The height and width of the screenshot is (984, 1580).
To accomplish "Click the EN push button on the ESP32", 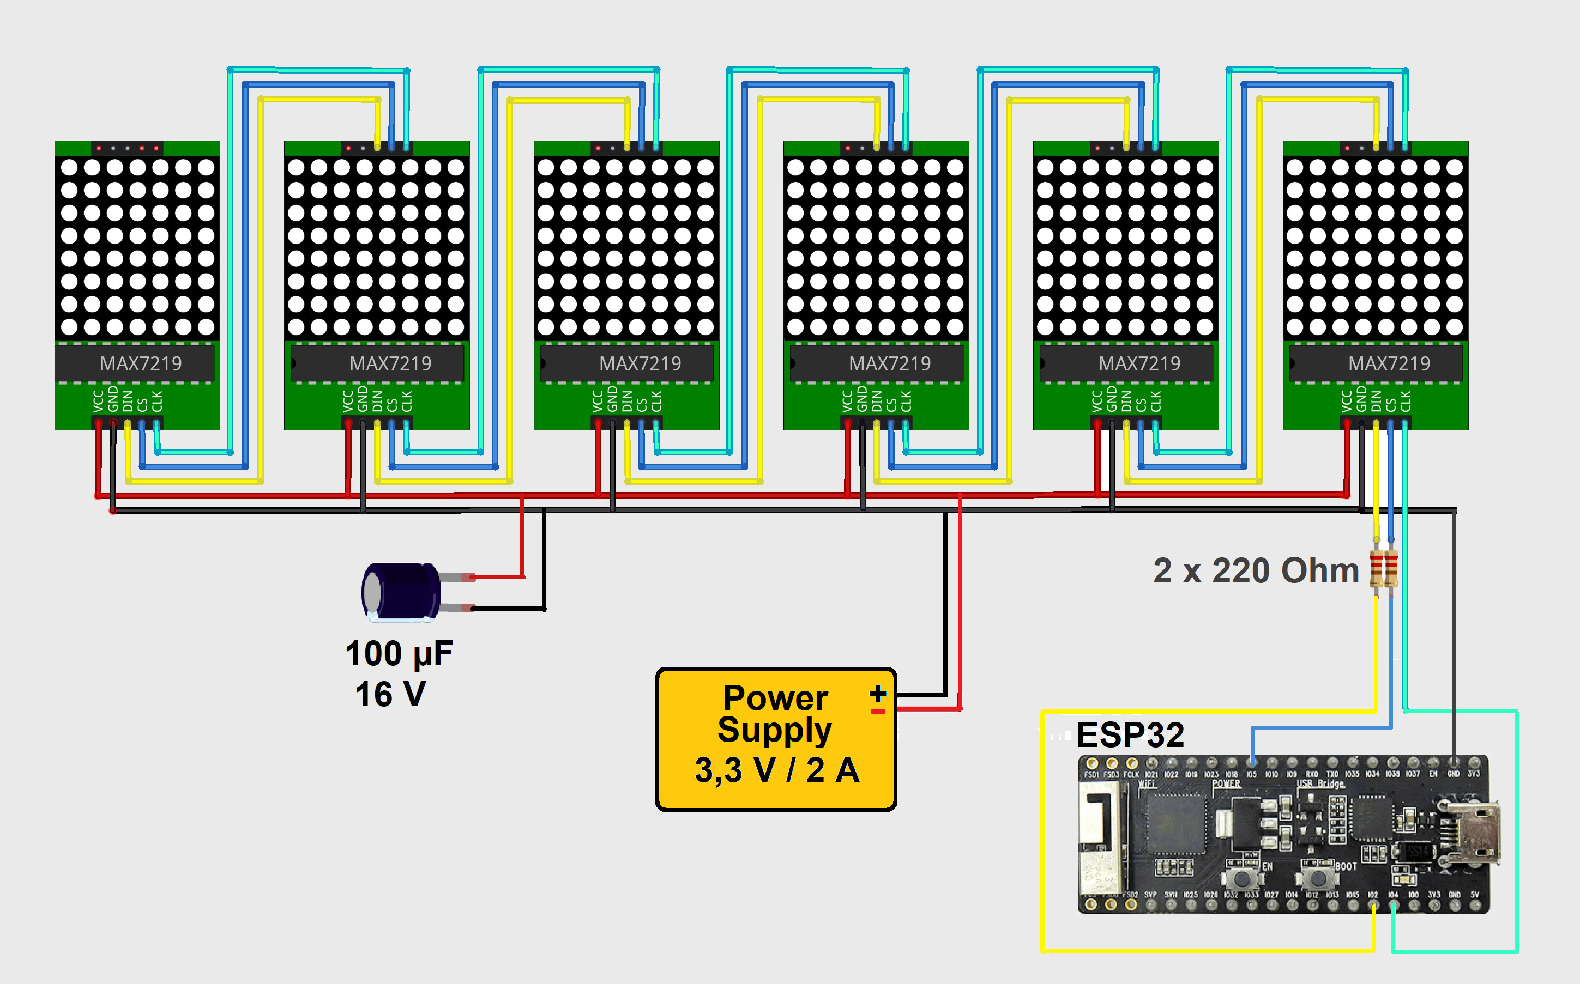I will [1243, 878].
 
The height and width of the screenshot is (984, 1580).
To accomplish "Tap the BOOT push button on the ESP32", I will [1319, 878].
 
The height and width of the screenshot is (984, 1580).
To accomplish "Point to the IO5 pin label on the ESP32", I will [1251, 774].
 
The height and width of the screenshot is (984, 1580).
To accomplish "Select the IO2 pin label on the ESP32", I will [1372, 895].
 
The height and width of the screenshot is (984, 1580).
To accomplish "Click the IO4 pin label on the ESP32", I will [1392, 895].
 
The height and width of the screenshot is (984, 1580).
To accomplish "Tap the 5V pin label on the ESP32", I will [1475, 895].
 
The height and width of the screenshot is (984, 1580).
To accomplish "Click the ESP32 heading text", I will [1130, 736].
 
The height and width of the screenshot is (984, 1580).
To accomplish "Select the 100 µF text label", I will [399, 653].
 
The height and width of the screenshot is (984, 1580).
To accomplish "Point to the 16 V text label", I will [390, 694].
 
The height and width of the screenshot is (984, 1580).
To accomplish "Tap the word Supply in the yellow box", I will [775, 730].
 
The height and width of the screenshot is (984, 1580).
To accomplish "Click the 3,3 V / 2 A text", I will [777, 770].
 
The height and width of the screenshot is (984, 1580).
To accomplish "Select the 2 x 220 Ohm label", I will [1256, 571].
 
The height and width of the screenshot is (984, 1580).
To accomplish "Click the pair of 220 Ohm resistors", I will [1383, 569].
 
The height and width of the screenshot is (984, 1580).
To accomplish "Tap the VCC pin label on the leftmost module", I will [98, 402].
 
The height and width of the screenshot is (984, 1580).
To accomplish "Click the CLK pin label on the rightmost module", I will [1405, 402].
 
